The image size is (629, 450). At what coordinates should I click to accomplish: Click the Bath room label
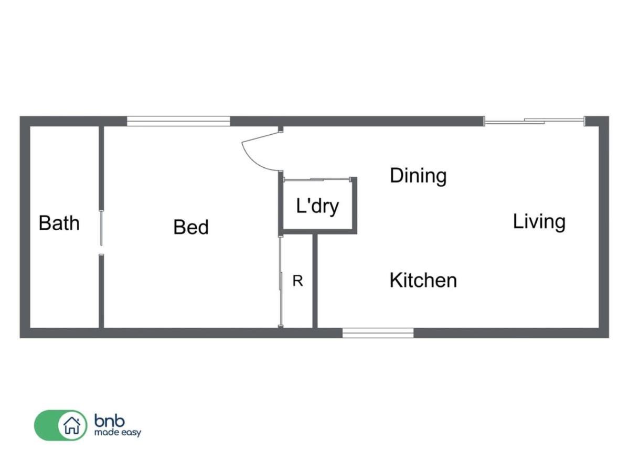59,223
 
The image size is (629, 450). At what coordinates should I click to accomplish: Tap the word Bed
191,227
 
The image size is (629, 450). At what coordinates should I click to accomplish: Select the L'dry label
317,206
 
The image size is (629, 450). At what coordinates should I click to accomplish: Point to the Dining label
418,176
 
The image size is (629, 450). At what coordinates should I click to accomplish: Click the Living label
539,222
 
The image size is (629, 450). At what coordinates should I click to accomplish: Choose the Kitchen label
423,280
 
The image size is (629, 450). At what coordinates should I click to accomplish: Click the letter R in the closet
297,281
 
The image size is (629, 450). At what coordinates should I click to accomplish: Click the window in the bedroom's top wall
178,121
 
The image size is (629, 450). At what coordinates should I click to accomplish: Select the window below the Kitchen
378,333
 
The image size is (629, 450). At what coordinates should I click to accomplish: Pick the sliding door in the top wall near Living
535,120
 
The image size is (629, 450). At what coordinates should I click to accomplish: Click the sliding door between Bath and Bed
101,232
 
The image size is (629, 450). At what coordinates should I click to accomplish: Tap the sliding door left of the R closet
281,281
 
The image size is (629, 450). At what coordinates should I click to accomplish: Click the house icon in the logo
72,425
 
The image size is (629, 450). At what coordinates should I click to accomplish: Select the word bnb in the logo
110,421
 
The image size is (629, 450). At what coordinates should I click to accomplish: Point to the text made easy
118,432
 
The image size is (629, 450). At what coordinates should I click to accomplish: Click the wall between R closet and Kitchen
315,281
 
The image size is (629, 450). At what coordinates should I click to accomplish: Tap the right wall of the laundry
354,206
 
